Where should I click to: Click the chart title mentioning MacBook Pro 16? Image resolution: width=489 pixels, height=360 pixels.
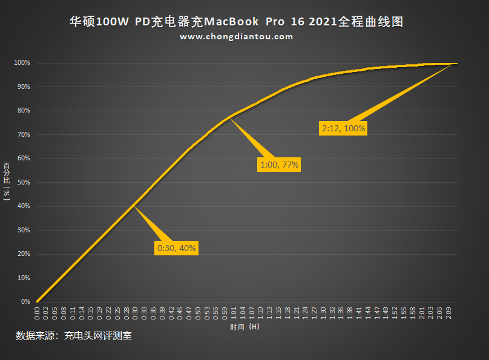236,22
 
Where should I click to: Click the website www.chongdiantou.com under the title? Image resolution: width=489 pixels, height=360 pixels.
236,37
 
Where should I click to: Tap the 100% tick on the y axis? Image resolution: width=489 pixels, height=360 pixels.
22,63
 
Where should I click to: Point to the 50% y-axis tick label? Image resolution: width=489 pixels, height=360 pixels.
23,182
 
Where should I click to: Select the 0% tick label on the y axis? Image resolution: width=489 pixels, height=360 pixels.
25,301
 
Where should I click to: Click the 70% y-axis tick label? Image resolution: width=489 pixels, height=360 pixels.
23,134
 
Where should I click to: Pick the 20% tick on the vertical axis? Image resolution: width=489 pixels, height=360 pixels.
23,254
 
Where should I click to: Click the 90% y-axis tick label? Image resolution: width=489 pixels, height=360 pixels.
23,87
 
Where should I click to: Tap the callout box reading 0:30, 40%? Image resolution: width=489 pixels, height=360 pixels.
177,248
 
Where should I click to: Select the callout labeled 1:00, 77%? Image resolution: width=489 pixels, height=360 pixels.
280,164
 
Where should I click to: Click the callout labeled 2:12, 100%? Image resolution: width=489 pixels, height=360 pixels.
344,128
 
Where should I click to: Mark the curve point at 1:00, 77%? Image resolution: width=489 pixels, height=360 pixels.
229,118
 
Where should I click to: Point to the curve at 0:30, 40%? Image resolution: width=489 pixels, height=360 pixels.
133,206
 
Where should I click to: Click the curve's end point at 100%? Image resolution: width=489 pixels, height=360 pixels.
456,63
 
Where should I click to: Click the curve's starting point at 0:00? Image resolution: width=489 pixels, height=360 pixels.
37,301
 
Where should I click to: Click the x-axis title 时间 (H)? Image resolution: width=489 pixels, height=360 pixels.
244,327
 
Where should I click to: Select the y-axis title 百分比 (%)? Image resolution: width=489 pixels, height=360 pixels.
7,181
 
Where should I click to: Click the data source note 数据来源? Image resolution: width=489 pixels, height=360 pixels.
73,336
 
